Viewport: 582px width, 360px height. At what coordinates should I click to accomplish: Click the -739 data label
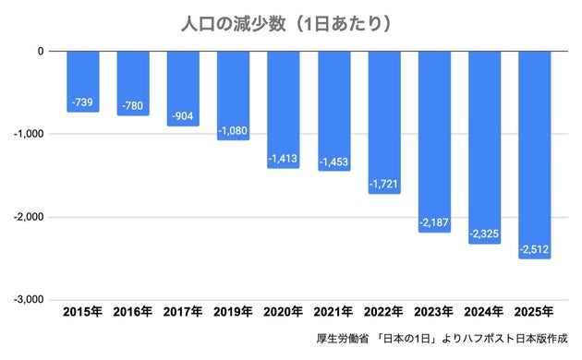83,101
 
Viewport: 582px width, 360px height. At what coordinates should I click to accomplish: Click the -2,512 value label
534,248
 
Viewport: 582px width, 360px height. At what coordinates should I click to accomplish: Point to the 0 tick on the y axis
41,51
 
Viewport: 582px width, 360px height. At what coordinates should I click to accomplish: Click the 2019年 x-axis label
234,313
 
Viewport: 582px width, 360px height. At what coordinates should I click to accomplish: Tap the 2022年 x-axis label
384,313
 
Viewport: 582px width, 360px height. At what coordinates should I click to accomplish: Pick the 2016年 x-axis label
133,313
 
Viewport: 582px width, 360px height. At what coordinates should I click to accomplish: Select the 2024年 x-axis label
484,313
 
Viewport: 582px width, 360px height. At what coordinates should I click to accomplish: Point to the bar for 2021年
333,111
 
